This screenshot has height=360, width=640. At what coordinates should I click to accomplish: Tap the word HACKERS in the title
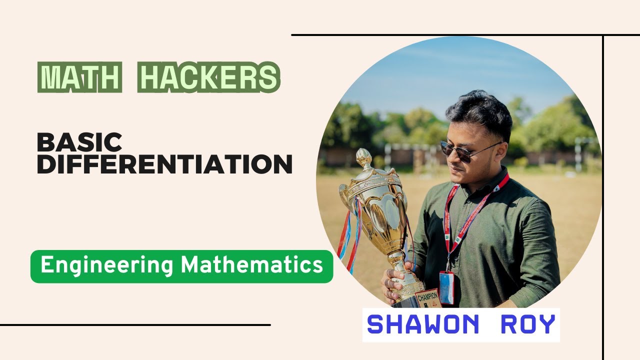pos(208,77)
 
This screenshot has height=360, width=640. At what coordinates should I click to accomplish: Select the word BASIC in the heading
pos(79,143)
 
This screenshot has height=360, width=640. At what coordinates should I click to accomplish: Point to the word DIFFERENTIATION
pos(164,164)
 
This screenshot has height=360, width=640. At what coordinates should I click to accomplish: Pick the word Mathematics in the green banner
pos(251,265)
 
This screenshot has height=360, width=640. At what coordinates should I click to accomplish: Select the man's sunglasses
pos(462,150)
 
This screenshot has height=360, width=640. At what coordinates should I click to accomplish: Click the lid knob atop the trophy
pos(363,158)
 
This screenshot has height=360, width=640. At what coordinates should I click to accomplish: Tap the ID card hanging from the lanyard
pos(446,287)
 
